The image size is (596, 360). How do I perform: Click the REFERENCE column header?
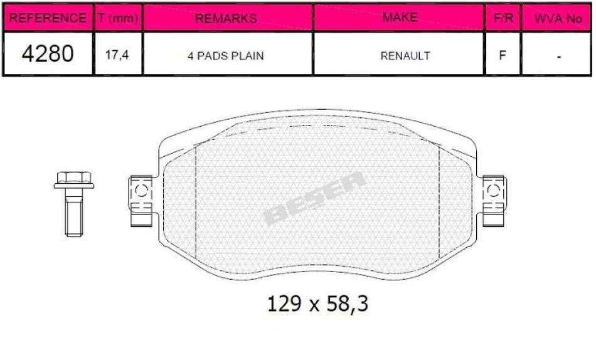48,18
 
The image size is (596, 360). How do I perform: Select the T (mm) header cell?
118,18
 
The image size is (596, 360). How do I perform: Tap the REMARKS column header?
226,18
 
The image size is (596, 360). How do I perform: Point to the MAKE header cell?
400,17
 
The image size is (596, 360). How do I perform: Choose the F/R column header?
503,18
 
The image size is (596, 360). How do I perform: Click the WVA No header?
558,18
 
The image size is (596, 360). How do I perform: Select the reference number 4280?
48,53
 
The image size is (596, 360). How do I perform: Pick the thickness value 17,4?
117,55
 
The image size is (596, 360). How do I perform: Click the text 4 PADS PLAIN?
225,56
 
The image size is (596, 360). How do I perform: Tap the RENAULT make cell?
405,56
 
